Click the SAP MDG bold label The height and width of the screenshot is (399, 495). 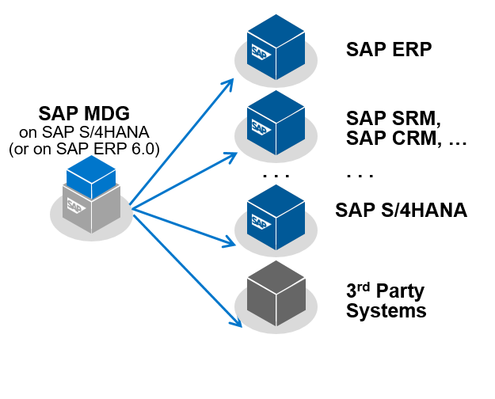coord(84,112)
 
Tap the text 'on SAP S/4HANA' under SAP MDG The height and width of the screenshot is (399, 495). coord(84,131)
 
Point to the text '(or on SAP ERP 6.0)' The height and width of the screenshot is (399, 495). coord(84,147)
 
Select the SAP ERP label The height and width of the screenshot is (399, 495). coord(389,50)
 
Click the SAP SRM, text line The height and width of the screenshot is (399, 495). coord(394,119)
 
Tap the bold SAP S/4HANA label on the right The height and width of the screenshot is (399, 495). coord(401,211)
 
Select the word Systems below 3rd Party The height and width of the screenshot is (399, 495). coord(386,310)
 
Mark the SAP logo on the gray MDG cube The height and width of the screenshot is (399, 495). coord(76,206)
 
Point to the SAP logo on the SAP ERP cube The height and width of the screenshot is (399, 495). coord(261,54)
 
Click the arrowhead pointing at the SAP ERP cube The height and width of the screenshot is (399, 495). coord(230,82)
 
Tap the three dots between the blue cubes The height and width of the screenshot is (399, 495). coord(276,173)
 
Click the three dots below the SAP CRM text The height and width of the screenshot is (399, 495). coord(360,173)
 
